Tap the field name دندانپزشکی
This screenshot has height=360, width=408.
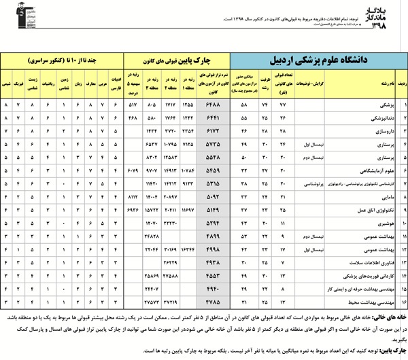point(379,118)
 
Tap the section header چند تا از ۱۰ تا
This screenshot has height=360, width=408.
point(62,58)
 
